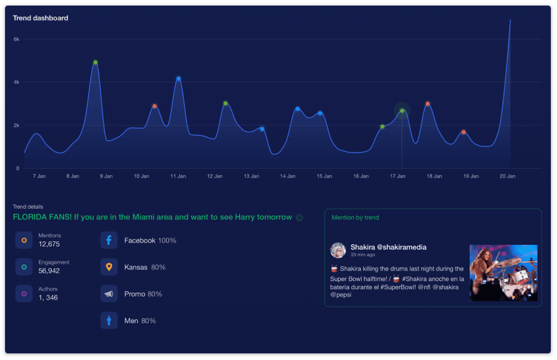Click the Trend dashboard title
pyautogui.click(x=40, y=18)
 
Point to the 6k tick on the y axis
pyautogui.click(x=17, y=39)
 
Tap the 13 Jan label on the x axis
pyautogui.click(x=252, y=176)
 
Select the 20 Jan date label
pyautogui.click(x=507, y=176)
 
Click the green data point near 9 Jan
pyautogui.click(x=95, y=63)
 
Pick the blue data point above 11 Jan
pyautogui.click(x=178, y=79)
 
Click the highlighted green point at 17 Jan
pyautogui.click(x=402, y=111)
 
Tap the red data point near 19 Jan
pyautogui.click(x=463, y=132)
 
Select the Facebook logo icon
pyautogui.click(x=109, y=240)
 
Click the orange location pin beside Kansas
pyautogui.click(x=109, y=267)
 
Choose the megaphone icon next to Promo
pyautogui.click(x=109, y=294)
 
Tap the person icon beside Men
pyautogui.click(x=109, y=321)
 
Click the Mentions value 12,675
pyautogui.click(x=49, y=244)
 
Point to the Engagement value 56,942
pyautogui.click(x=49, y=271)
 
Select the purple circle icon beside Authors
pyautogui.click(x=24, y=294)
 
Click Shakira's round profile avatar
pyautogui.click(x=338, y=250)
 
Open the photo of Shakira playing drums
pyautogui.click(x=503, y=273)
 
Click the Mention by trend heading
pyautogui.click(x=355, y=217)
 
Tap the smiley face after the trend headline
pyautogui.click(x=299, y=217)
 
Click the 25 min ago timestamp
pyautogui.click(x=363, y=255)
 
